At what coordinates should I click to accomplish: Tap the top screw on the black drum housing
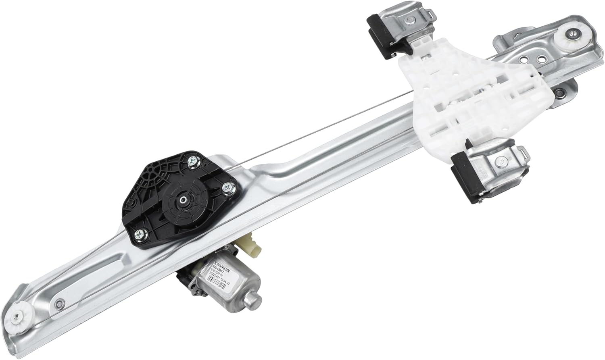192,161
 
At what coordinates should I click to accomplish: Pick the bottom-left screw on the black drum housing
140,233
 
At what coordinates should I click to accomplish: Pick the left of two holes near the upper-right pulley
523,59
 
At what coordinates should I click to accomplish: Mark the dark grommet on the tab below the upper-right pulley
559,93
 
